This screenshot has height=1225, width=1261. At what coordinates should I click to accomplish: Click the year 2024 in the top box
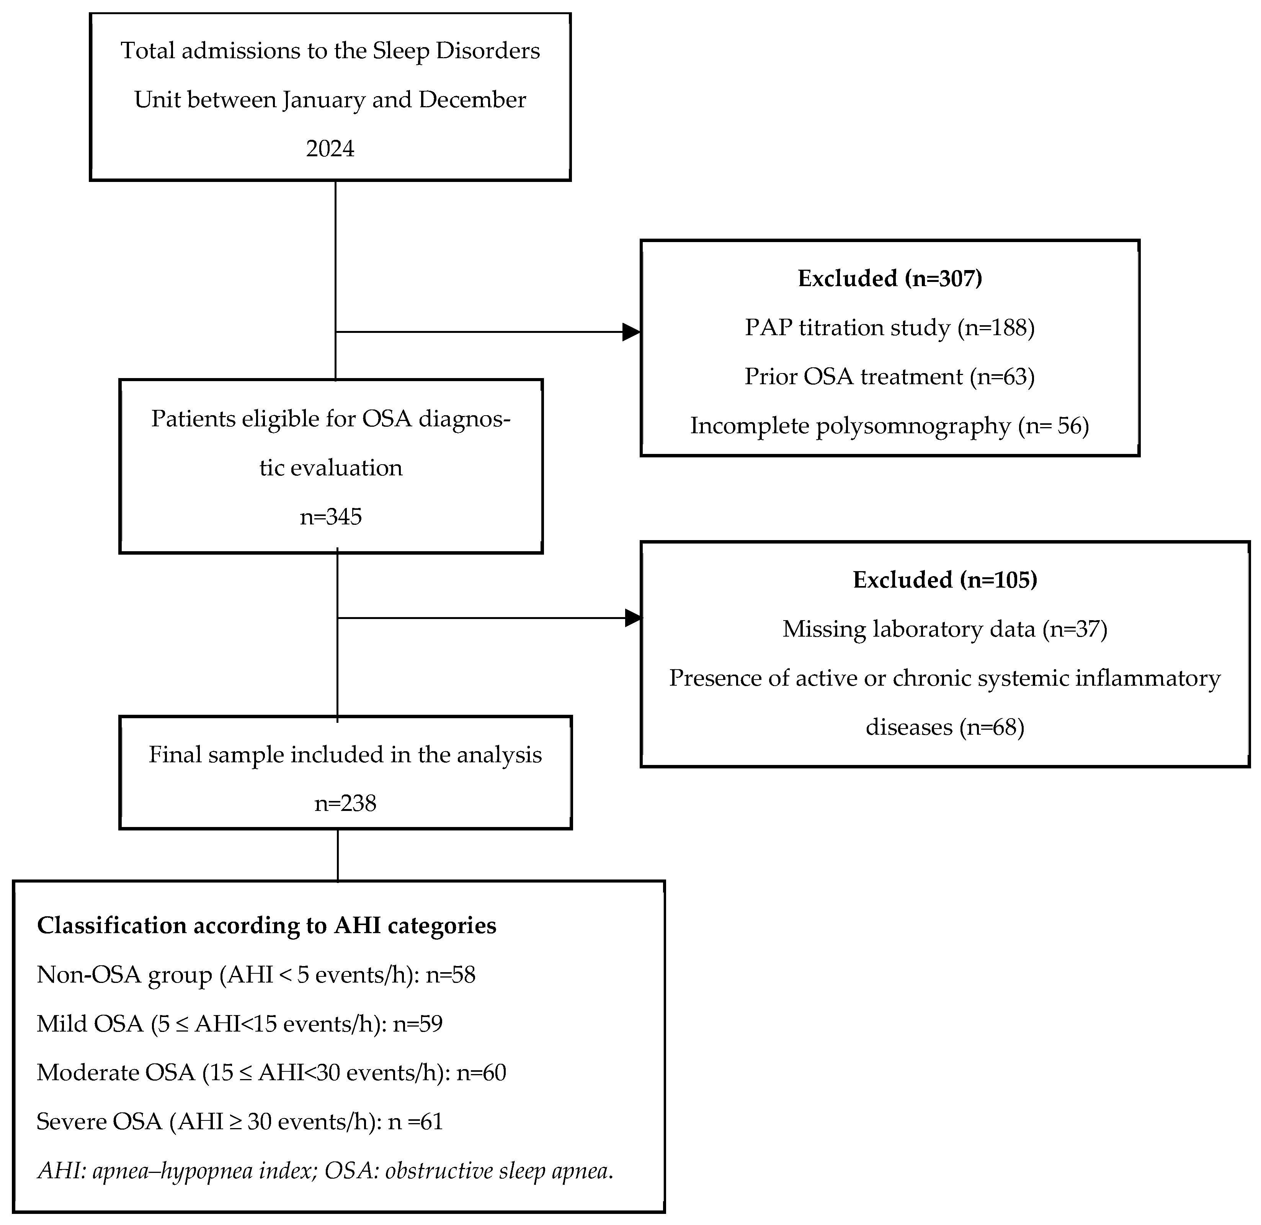330,149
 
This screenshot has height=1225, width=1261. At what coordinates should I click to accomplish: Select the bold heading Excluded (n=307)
890,278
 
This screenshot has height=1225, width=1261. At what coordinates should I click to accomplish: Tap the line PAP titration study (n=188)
890,328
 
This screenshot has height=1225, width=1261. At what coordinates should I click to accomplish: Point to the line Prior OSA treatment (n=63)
890,377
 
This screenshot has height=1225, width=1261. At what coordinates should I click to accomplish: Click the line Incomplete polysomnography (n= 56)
890,426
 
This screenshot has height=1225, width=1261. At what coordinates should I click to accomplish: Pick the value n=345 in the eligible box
331,517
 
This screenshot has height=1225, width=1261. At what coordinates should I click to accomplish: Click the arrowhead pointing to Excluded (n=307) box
631,332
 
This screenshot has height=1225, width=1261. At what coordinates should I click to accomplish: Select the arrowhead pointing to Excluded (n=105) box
633,618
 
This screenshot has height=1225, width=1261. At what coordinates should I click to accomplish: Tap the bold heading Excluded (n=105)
945,580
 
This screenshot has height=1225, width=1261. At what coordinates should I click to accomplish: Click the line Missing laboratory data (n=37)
945,629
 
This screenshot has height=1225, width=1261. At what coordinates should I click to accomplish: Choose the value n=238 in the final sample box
345,803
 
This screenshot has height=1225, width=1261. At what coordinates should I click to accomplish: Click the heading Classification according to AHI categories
266,926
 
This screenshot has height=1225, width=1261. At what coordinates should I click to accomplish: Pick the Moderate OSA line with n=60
271,1073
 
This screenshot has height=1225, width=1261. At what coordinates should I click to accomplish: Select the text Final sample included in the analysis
345,755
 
